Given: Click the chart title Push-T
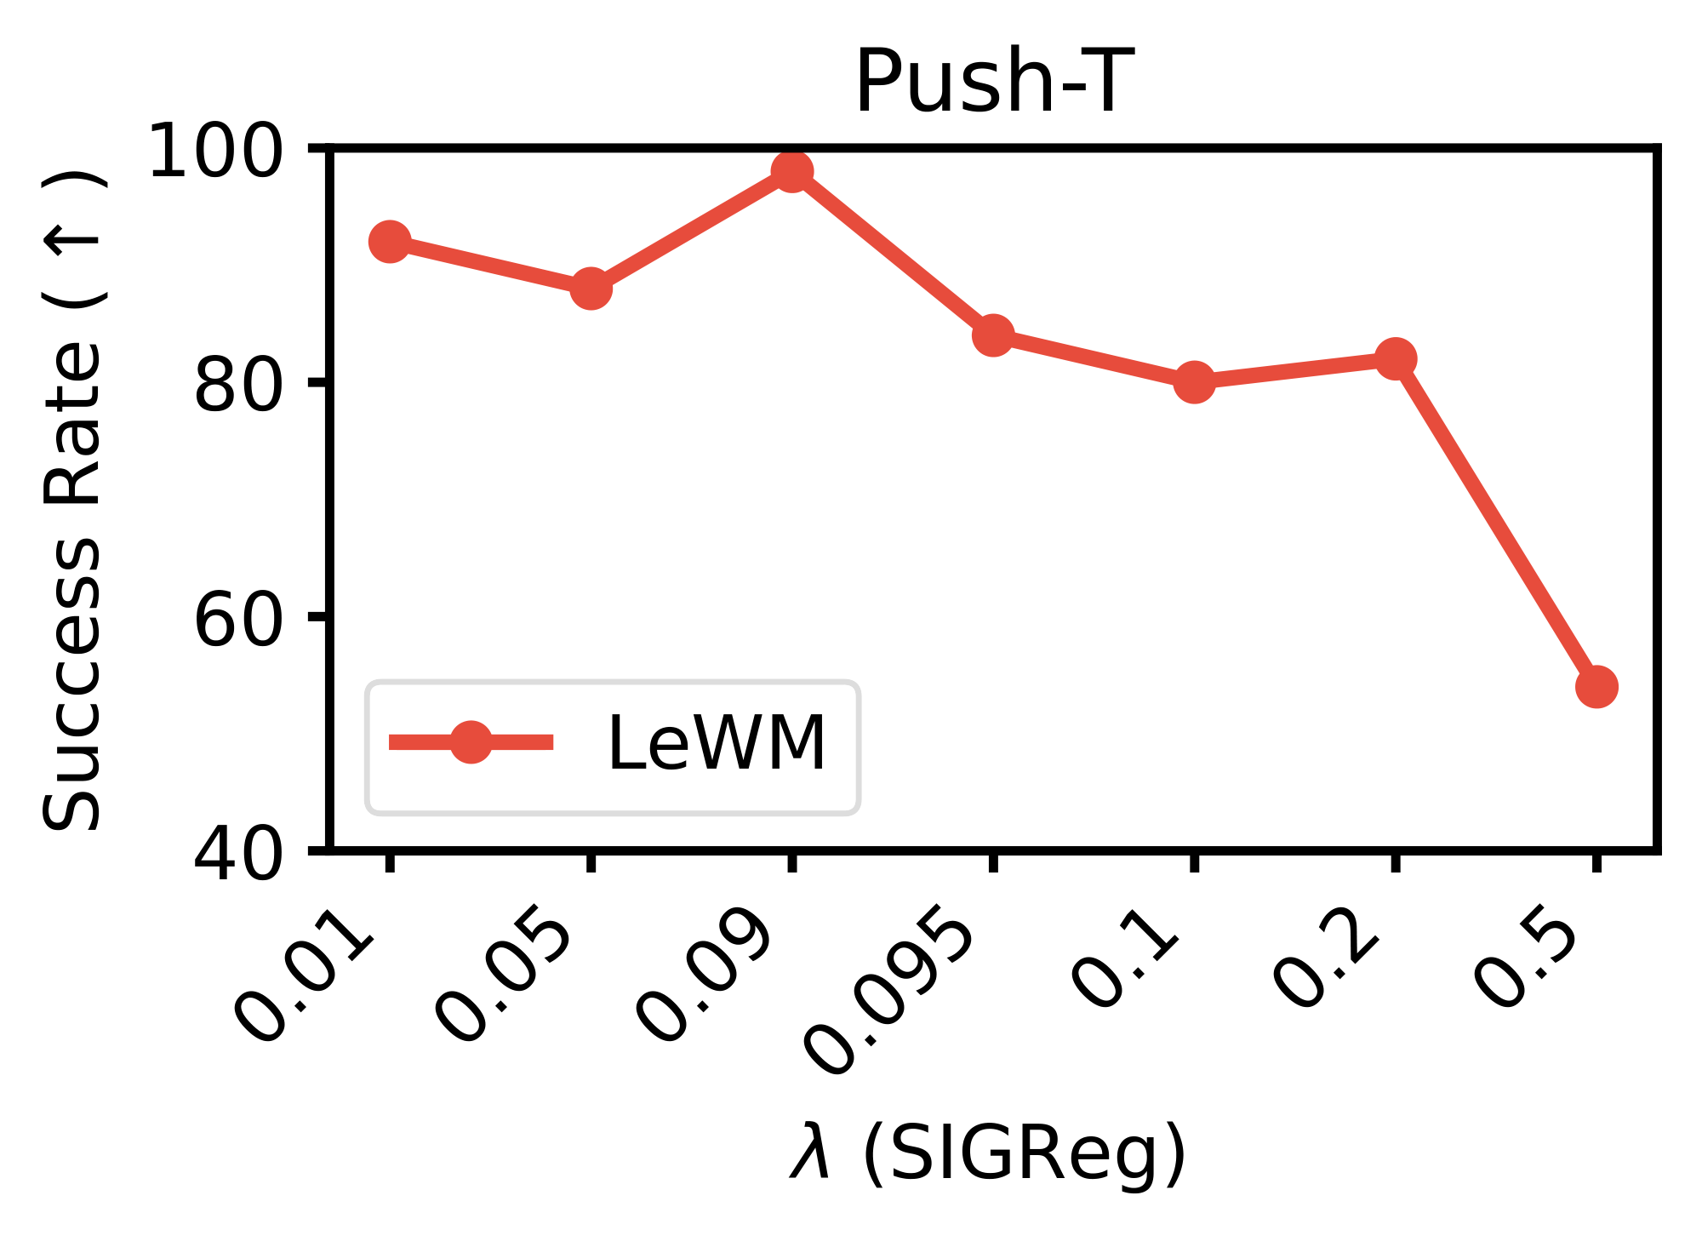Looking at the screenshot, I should [x=994, y=82].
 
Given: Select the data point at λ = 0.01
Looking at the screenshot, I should [x=390, y=243].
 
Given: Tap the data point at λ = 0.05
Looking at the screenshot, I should [x=591, y=289].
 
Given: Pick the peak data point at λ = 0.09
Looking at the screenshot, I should [x=792, y=172].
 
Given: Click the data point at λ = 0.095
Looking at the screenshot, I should [x=993, y=335].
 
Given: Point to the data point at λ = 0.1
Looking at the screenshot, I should [x=1194, y=382].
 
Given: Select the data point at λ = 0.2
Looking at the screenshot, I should [x=1396, y=358].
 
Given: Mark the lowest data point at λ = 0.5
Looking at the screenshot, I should [x=1596, y=686].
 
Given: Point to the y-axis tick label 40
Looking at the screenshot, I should [x=238, y=854].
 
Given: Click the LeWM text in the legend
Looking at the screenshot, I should [x=716, y=744].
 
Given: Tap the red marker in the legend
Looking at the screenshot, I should [x=471, y=742].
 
